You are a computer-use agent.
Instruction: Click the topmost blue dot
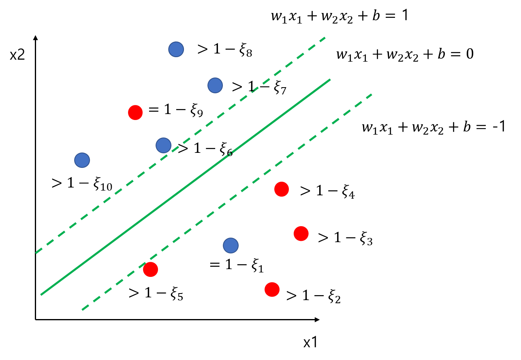tap(176, 49)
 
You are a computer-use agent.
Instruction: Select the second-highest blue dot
tap(215, 86)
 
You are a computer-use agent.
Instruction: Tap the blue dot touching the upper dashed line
tap(164, 145)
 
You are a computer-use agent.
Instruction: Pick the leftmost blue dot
tap(82, 160)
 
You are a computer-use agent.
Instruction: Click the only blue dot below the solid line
tap(231, 245)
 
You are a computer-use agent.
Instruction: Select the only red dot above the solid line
tap(135, 113)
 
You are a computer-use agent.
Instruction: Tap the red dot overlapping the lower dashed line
tap(150, 269)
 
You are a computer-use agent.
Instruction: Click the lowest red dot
tap(272, 289)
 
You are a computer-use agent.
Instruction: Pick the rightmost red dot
tap(301, 234)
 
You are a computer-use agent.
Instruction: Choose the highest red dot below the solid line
tap(282, 189)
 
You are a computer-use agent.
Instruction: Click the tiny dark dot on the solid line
tap(230, 154)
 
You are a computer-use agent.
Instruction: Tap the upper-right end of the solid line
tap(330, 80)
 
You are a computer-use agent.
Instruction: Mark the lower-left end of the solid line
tap(41, 295)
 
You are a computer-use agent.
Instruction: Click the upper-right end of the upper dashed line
tap(325, 38)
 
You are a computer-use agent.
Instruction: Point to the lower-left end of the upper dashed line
tap(36, 253)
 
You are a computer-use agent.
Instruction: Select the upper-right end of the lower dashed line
tap(372, 94)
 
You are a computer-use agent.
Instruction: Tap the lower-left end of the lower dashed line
tap(83, 310)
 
